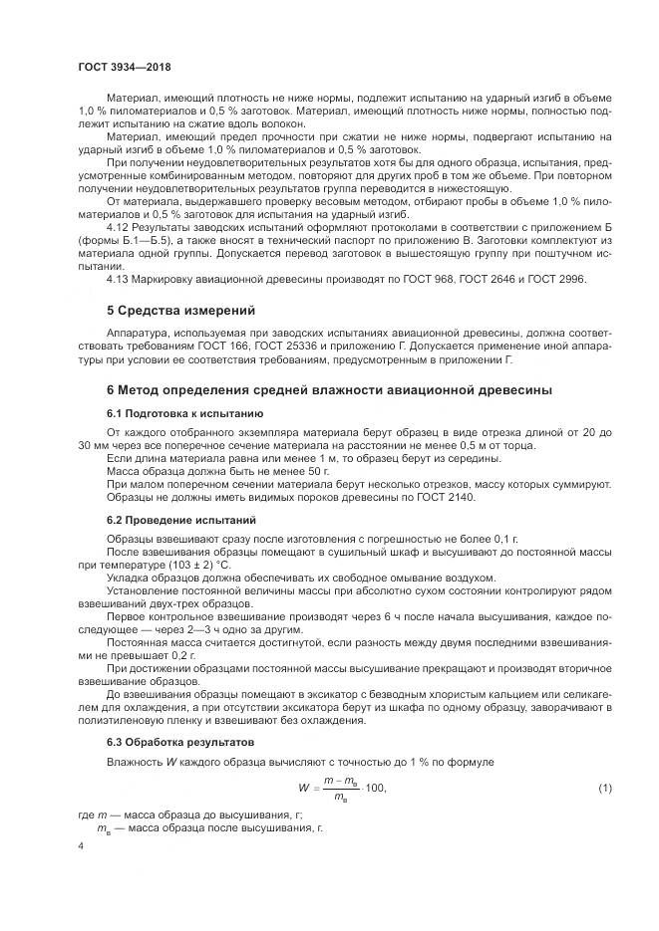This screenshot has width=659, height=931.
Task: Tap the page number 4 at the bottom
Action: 81,844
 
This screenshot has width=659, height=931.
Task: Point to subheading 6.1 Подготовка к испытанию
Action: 182,411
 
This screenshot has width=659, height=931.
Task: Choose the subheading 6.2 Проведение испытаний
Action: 180,520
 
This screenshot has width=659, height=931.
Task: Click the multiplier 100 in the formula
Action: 376,789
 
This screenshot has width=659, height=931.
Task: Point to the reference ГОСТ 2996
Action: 559,278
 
